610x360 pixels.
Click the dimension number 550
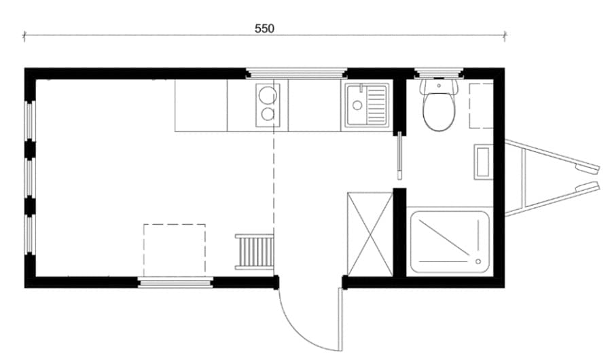pos(264,29)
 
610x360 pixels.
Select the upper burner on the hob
pos(266,94)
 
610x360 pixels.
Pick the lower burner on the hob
pos(266,115)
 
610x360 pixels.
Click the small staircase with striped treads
pos(254,252)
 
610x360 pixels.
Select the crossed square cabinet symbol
pos(370,234)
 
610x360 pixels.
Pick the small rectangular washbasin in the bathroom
pos(482,162)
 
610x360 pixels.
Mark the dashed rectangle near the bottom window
pos(174,249)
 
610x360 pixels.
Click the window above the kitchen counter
pos(295,73)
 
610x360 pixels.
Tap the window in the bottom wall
pos(175,282)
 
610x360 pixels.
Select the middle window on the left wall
pos(29,177)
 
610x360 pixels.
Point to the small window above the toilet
pos(438,73)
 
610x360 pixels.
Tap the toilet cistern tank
pos(438,86)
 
